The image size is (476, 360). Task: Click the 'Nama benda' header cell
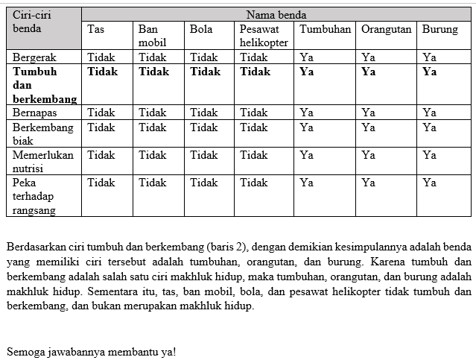[276, 14]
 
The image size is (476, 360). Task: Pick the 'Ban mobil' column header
[151, 36]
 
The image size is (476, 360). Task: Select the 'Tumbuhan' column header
[325, 29]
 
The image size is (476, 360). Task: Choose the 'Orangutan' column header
[386, 29]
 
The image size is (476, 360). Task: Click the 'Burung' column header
[440, 29]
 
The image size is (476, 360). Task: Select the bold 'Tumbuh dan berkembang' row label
[45, 85]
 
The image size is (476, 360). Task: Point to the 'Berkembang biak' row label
[43, 133]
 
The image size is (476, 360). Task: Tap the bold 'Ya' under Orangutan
[369, 72]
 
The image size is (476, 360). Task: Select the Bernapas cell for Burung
[429, 113]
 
